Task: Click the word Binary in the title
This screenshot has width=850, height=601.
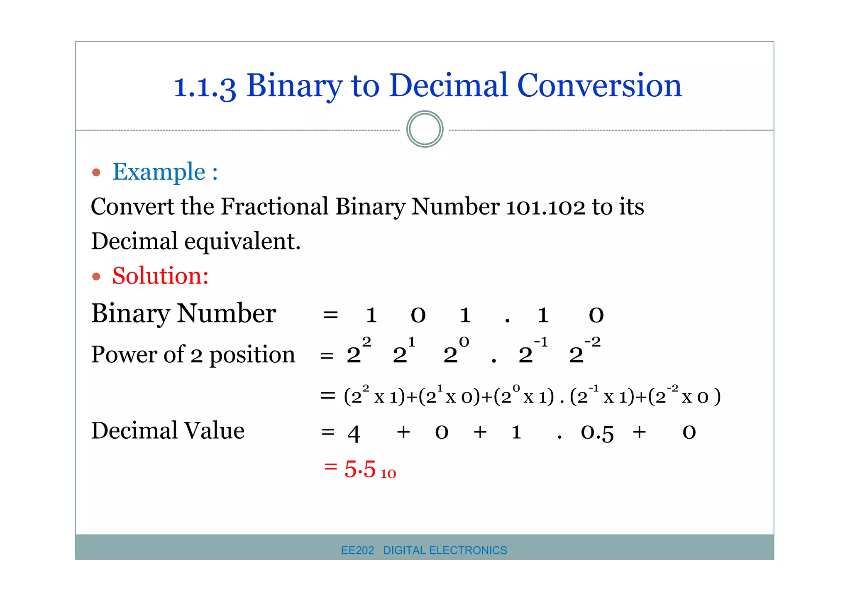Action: (x=295, y=86)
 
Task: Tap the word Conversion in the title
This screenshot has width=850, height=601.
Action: (x=599, y=86)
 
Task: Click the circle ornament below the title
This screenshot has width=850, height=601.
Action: (x=425, y=129)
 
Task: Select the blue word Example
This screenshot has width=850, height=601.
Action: (x=159, y=172)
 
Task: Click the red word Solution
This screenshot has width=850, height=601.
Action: (x=160, y=276)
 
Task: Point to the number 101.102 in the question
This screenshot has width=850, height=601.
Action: (x=545, y=207)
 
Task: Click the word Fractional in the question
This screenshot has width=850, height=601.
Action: (x=274, y=207)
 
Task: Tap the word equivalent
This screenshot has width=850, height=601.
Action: (x=242, y=242)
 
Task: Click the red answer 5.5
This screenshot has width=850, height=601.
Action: (x=360, y=469)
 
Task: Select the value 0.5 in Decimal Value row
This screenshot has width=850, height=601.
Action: (x=597, y=432)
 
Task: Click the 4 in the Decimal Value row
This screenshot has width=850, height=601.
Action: (x=354, y=433)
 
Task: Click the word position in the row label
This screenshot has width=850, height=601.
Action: (x=252, y=355)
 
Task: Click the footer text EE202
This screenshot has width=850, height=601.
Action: (x=357, y=550)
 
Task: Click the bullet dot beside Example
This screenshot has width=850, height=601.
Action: (x=96, y=172)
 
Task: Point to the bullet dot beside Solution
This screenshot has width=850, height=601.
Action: (x=96, y=276)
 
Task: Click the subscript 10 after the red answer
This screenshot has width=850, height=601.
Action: (x=388, y=474)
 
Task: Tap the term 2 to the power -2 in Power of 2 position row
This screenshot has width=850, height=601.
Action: (x=584, y=351)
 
